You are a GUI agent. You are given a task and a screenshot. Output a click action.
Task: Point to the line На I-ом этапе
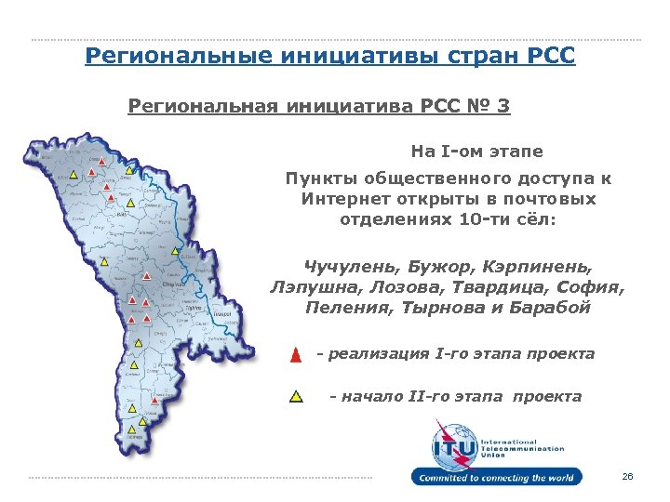pos(476,151)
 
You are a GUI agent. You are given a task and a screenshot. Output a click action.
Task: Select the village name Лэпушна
pos(314,287)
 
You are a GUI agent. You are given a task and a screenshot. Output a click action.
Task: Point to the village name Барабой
pos(550,308)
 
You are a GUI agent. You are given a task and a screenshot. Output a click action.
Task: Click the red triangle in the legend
pos(295,355)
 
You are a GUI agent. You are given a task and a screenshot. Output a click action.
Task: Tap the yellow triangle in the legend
pos(296,397)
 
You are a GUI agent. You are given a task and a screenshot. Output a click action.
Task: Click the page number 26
pos(627,477)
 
